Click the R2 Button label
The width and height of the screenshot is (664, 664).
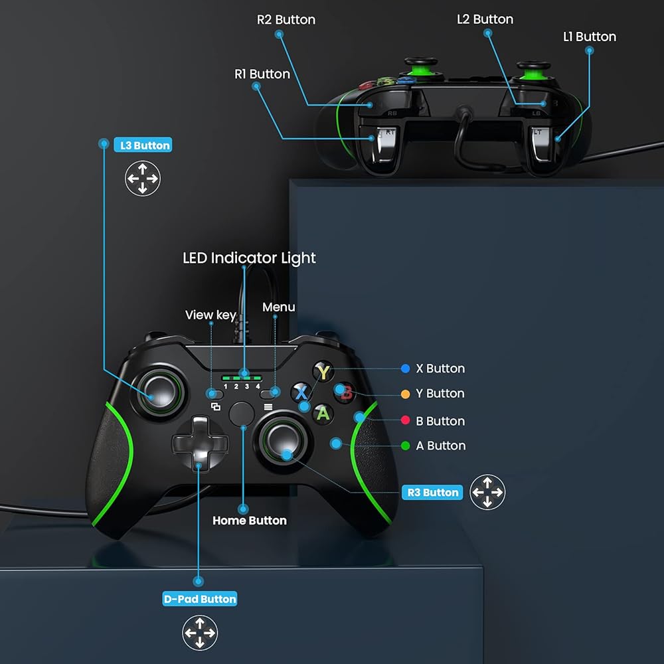tap(286, 19)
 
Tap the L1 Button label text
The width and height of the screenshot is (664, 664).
tap(590, 37)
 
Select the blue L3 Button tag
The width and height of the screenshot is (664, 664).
tap(143, 145)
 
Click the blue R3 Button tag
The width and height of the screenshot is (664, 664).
tap(432, 492)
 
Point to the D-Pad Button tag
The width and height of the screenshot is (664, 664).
tap(199, 599)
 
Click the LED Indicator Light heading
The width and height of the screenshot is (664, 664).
tap(249, 258)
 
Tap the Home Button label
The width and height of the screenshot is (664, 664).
tap(250, 521)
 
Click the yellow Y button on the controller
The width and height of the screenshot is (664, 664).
tap(323, 372)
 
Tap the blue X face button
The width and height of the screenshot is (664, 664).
tap(301, 392)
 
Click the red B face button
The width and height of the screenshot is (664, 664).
tap(345, 392)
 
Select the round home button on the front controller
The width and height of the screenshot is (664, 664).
tap(242, 414)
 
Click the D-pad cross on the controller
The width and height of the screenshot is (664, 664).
tap(200, 443)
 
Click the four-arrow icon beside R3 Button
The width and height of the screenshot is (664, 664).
tap(487, 492)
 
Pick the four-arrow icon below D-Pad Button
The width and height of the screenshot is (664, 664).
tap(200, 633)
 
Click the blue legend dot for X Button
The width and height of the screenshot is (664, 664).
tap(405, 369)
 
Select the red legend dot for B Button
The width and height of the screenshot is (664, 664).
tap(405, 420)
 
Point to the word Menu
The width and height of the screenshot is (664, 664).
tap(279, 307)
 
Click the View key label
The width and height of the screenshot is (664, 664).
tap(210, 315)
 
